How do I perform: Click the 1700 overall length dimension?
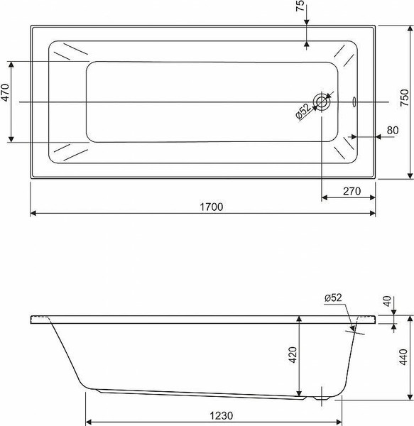pyautogui.click(x=212, y=207)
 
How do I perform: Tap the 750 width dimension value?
pyautogui.click(x=404, y=97)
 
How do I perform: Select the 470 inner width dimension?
pyautogui.click(x=6, y=92)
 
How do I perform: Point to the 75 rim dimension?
pyautogui.click(x=300, y=6)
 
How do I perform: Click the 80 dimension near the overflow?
pyautogui.click(x=393, y=130)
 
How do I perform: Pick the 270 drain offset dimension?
pyautogui.click(x=352, y=191)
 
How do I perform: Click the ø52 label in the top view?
pyautogui.click(x=303, y=111)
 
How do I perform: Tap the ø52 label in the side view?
pyautogui.click(x=333, y=297)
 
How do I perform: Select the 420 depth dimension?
pyautogui.click(x=293, y=354)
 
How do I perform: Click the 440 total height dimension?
pyautogui.click(x=403, y=356)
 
